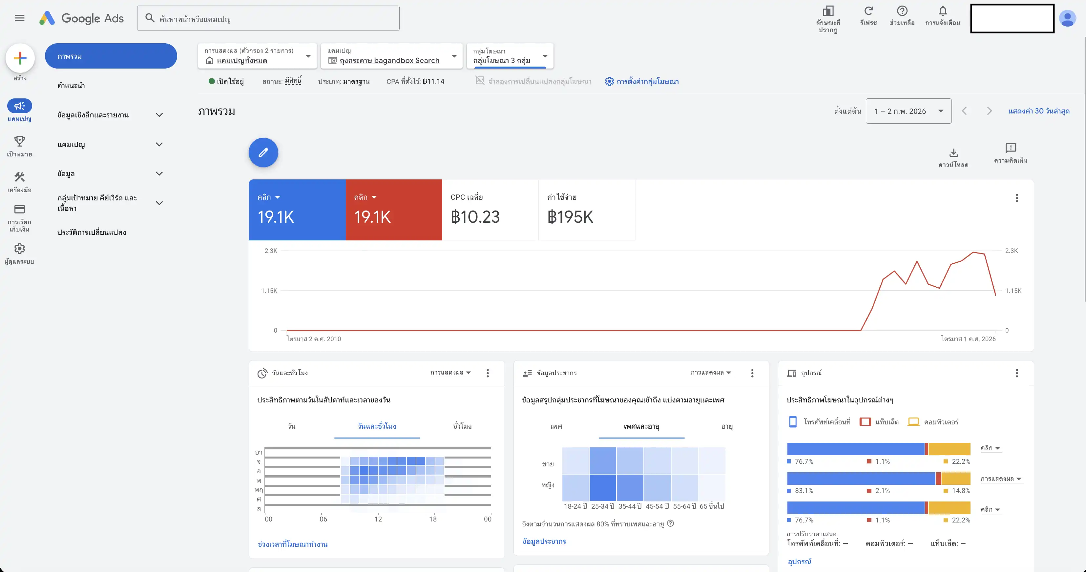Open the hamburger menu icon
tap(19, 18)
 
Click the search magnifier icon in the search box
tap(150, 18)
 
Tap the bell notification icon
tap(943, 11)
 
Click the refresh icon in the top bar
tap(868, 11)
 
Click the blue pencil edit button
tap(263, 153)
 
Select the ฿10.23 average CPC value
tap(475, 217)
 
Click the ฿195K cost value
tap(570, 217)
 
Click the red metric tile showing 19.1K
tap(393, 210)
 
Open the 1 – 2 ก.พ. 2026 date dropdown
tap(908, 111)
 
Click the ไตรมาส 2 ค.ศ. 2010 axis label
tap(314, 339)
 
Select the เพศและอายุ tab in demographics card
tap(641, 426)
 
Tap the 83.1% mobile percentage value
tap(804, 491)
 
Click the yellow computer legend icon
tap(913, 422)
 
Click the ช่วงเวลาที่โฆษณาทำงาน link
tap(293, 544)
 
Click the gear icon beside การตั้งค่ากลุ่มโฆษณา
tap(609, 81)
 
